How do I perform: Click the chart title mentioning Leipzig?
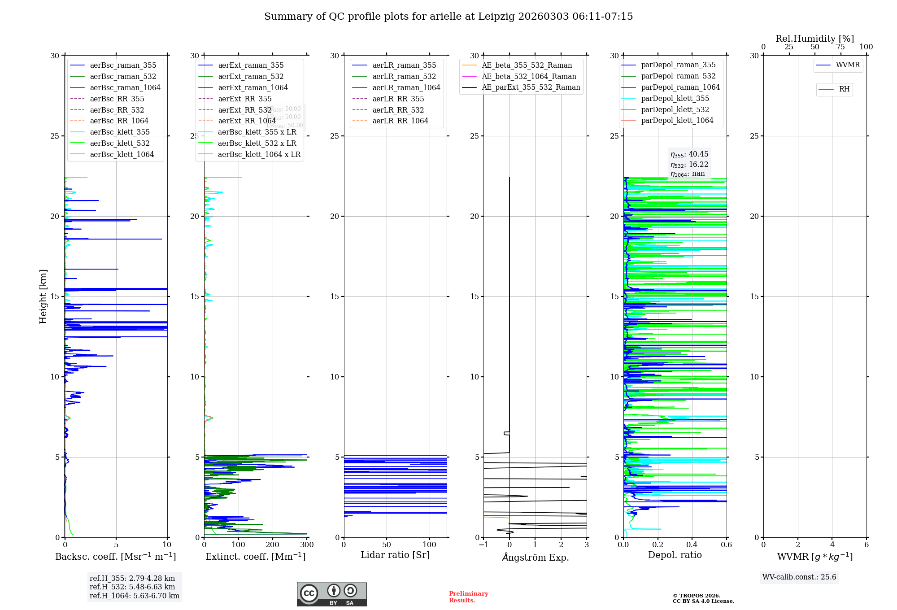pos(448,17)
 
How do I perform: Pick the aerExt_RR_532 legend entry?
pos(244,110)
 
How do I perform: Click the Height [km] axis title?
pos(43,296)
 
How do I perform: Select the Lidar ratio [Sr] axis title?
pos(395,555)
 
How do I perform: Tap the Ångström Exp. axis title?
pos(535,557)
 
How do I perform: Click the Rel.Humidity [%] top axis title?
pos(814,39)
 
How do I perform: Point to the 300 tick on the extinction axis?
pos(307,545)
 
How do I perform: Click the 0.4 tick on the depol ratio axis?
pos(692,545)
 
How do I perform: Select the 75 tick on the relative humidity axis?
pos(840,47)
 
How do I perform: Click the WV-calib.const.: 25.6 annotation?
pos(799,577)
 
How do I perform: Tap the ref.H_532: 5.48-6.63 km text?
pos(132,587)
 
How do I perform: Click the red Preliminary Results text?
pos(468,597)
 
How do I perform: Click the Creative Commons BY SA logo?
pos(331,594)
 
